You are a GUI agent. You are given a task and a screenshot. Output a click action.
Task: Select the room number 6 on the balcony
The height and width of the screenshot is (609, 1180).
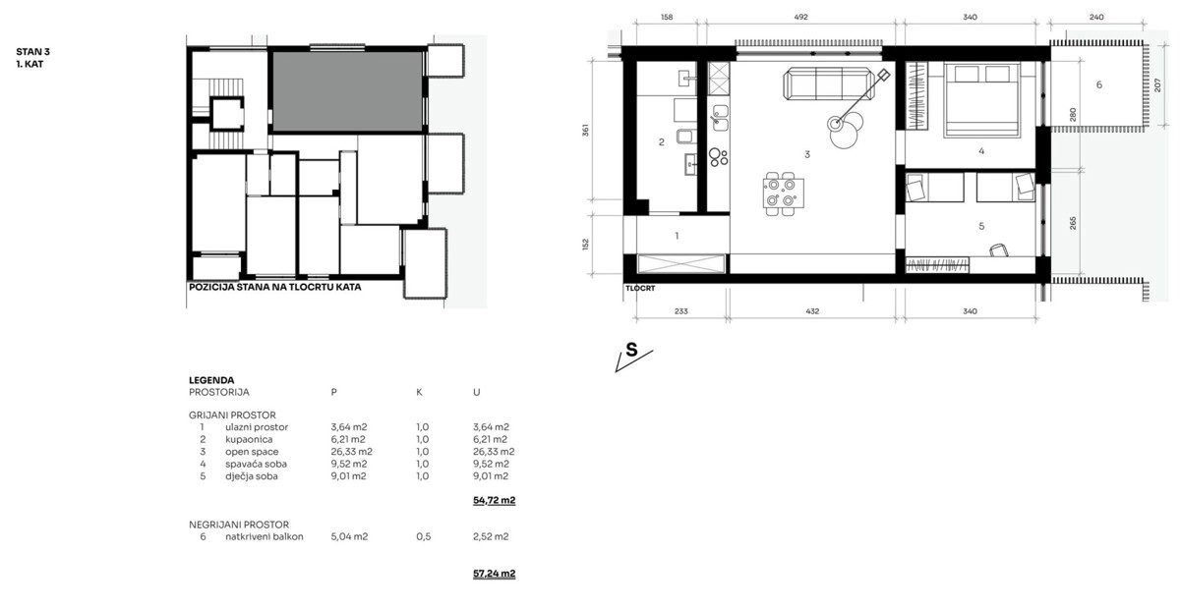coord(1098,85)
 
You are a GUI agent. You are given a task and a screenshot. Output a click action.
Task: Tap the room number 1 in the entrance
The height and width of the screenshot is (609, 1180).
coord(677,236)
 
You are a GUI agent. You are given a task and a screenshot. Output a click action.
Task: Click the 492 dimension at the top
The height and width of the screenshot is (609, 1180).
coord(801,17)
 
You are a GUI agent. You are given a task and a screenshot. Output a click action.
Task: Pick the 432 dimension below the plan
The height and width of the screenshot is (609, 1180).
coord(811,311)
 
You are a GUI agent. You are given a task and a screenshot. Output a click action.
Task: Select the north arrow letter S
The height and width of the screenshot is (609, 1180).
coord(631,349)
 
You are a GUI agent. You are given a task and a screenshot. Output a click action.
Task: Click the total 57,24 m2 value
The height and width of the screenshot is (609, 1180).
coord(494,573)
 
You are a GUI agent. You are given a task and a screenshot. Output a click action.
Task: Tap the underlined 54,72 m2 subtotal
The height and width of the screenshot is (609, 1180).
coord(494,500)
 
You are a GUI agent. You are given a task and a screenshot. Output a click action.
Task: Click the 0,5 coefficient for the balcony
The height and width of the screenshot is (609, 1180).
coord(424,536)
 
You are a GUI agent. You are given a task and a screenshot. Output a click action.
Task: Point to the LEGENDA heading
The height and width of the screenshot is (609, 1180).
coord(211,379)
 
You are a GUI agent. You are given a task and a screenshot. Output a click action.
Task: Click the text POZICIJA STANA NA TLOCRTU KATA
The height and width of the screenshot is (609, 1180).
coord(275,289)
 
